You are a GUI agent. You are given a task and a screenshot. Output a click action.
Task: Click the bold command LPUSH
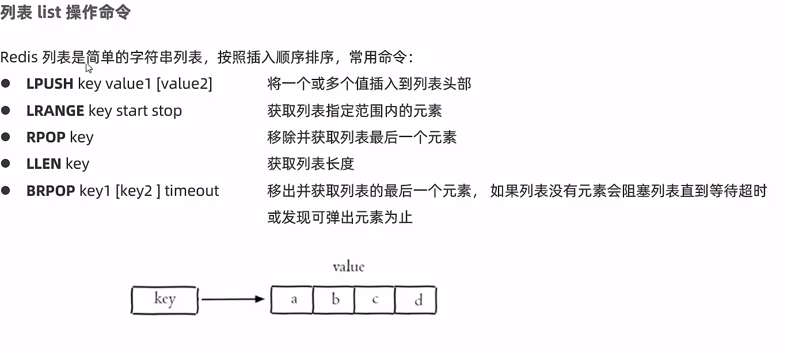point(50,84)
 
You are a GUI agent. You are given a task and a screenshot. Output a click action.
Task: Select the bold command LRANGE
point(55,111)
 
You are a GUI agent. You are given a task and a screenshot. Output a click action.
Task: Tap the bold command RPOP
point(46,137)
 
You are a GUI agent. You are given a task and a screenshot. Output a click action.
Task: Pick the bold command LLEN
point(44,164)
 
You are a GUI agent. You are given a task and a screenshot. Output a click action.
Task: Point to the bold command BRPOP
point(51,191)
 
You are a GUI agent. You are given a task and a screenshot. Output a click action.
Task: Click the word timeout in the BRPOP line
point(192,191)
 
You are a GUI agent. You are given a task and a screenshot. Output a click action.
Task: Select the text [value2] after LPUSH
point(184,84)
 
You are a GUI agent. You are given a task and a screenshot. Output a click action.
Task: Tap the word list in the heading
point(50,12)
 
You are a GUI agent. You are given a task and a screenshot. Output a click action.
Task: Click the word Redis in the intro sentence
point(19,58)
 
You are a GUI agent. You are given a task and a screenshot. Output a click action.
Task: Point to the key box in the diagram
point(164,300)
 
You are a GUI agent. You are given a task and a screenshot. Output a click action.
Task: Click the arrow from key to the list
point(233,300)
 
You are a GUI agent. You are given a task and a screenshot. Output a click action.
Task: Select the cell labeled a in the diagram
point(292,300)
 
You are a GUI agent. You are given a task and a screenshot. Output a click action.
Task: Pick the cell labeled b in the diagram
point(334,300)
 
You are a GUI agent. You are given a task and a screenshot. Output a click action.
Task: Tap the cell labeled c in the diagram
point(375,300)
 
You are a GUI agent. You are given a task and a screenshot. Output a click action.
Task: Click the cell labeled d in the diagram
point(416,300)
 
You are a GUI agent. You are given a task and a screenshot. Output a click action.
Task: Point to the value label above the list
point(348,267)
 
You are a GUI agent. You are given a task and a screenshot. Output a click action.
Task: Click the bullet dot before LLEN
point(6,164)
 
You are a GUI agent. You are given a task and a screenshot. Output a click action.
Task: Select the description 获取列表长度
point(310,164)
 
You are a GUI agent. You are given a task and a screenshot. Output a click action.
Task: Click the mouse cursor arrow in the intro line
point(89,67)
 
